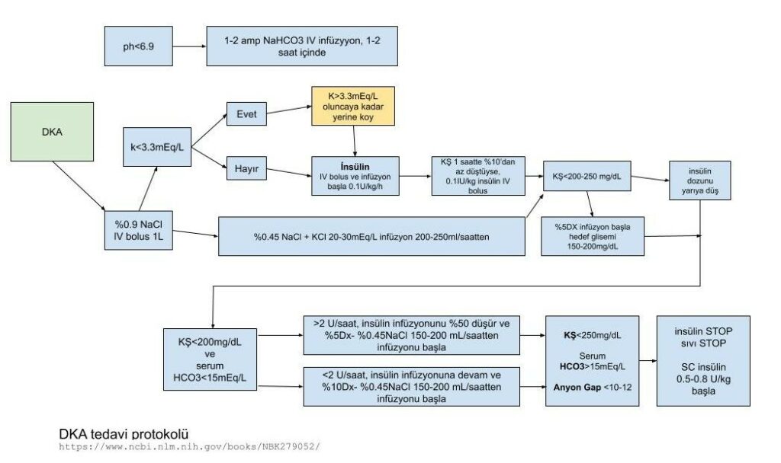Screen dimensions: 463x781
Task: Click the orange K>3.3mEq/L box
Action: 354,107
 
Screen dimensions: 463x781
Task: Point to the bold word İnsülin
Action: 355,165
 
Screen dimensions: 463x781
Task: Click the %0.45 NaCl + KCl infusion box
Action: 371,236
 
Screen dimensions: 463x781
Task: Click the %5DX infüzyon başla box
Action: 591,236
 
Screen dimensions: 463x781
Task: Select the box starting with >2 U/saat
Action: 411,335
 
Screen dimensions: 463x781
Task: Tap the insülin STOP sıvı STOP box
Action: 702,360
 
